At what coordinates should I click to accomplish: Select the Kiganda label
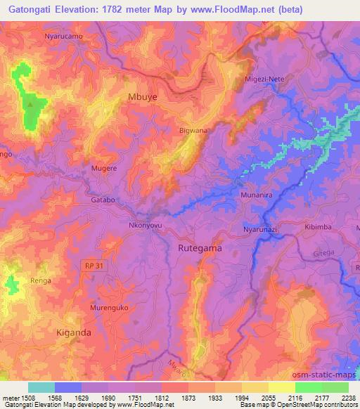pos(73,332)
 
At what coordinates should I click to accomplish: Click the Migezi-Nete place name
pos(264,79)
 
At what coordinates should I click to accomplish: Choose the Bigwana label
pos(193,131)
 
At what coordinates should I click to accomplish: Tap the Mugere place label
pos(104,169)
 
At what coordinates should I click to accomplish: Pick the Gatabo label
pos(103,200)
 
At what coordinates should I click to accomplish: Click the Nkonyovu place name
pos(146,226)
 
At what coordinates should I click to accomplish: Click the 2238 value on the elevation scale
pos(348,397)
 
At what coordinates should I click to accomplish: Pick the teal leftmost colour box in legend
pos(41,387)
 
